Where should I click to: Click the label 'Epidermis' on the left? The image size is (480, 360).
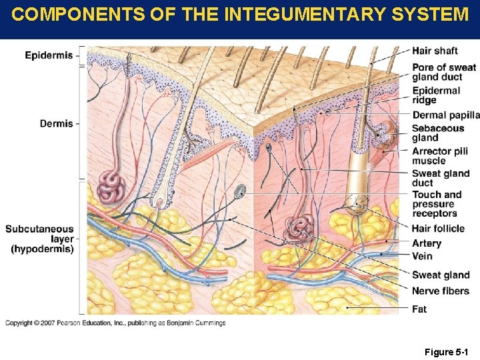49,55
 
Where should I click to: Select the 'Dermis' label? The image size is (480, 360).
56,123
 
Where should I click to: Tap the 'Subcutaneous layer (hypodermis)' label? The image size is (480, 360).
40,239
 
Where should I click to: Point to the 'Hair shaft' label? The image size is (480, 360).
435,51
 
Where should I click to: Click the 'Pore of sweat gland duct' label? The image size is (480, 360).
443,72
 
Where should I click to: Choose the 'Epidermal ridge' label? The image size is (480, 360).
436,95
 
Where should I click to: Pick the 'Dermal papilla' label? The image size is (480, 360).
445,115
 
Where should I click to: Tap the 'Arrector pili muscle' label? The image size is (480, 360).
440,156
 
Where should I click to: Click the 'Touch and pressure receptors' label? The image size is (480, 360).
437,204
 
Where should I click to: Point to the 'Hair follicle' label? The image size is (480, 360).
438,229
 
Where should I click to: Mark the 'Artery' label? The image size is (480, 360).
427,243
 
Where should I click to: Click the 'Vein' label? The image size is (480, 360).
422,256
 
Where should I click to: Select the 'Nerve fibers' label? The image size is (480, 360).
440,291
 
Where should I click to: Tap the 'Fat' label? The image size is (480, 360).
419,309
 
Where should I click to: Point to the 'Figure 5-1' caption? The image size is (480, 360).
446,351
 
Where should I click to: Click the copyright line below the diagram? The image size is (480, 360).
115,323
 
